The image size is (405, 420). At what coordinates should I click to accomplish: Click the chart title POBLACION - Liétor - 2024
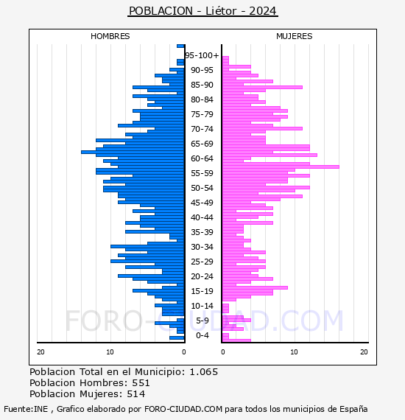(202, 11)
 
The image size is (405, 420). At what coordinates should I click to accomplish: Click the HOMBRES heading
(110, 36)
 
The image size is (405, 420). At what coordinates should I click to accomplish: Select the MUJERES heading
(295, 36)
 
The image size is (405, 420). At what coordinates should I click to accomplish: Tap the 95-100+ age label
(202, 55)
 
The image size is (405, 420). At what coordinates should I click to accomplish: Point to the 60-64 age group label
(202, 158)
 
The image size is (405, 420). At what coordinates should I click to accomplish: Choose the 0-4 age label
(202, 335)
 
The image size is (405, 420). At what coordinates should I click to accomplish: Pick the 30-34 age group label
(202, 247)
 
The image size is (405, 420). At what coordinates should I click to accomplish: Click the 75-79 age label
(202, 114)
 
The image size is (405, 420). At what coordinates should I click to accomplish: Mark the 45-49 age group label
(202, 203)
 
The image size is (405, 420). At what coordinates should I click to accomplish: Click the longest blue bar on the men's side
(133, 152)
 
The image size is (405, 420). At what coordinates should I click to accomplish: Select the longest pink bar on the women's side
(281, 167)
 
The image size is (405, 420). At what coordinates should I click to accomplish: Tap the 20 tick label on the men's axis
(40, 352)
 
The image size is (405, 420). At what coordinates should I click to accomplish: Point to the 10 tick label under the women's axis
(295, 352)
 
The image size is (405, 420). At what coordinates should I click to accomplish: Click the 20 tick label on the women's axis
(364, 352)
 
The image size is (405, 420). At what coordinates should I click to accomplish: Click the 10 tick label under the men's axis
(110, 352)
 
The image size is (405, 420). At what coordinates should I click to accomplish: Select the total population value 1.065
(204, 372)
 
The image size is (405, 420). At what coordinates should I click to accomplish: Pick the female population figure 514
(136, 394)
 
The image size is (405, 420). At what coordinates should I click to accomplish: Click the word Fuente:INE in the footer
(26, 409)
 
